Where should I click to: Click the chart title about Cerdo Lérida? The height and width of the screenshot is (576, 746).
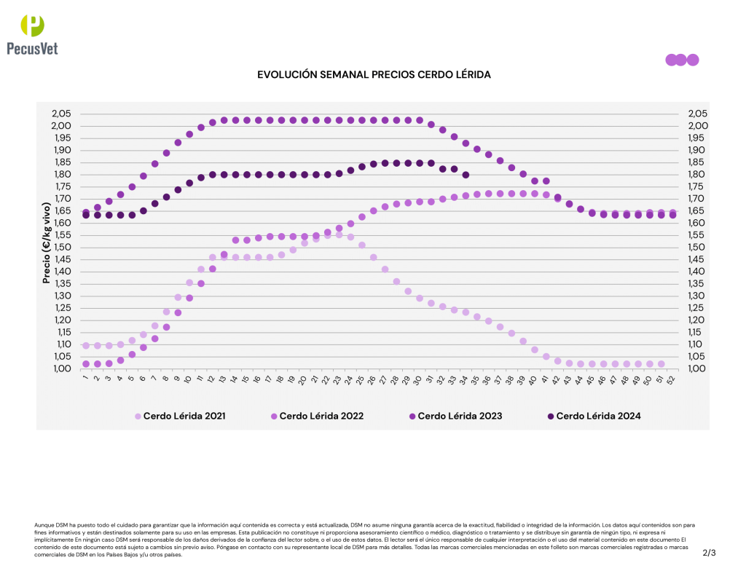pos(374,74)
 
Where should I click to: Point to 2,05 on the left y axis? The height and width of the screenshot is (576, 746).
pos(61,114)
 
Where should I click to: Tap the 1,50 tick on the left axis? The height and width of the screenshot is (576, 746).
pos(61,247)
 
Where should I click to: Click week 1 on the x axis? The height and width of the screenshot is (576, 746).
pos(86,378)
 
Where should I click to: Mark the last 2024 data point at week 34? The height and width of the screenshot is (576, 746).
pos(466,175)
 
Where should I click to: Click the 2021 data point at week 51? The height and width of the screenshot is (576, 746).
pos(661,364)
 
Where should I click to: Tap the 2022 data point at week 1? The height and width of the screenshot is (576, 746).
pos(86,364)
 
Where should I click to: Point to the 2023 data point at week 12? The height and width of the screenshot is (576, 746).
pos(213,122)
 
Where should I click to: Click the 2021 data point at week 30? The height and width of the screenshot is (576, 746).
pos(420,299)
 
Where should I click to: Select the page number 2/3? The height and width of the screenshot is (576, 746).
pos(709,553)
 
